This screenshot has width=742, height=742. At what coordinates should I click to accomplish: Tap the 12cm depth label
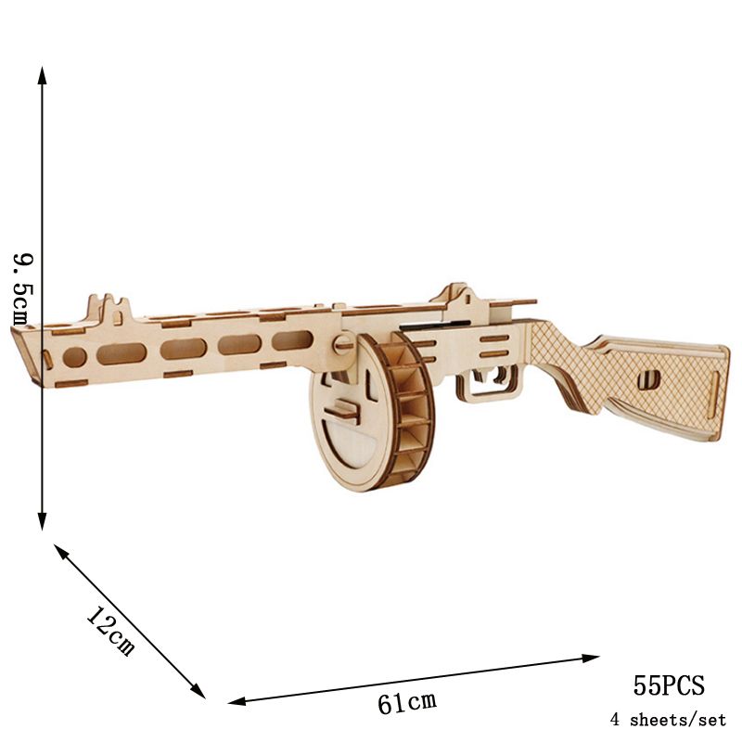pyautogui.click(x=110, y=632)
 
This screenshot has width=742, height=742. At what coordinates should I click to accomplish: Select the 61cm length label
pyautogui.click(x=407, y=702)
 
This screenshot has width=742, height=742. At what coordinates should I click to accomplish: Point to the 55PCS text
pyautogui.click(x=669, y=684)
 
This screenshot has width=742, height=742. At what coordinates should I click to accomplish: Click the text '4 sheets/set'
pyautogui.click(x=668, y=720)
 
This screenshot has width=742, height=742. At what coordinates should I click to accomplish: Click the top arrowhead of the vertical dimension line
pyautogui.click(x=42, y=76)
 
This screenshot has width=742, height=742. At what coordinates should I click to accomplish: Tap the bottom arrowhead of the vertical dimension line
pyautogui.click(x=42, y=520)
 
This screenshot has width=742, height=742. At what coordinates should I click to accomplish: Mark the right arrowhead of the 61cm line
pyautogui.click(x=590, y=659)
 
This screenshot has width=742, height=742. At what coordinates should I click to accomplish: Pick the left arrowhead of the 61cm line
pyautogui.click(x=237, y=701)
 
